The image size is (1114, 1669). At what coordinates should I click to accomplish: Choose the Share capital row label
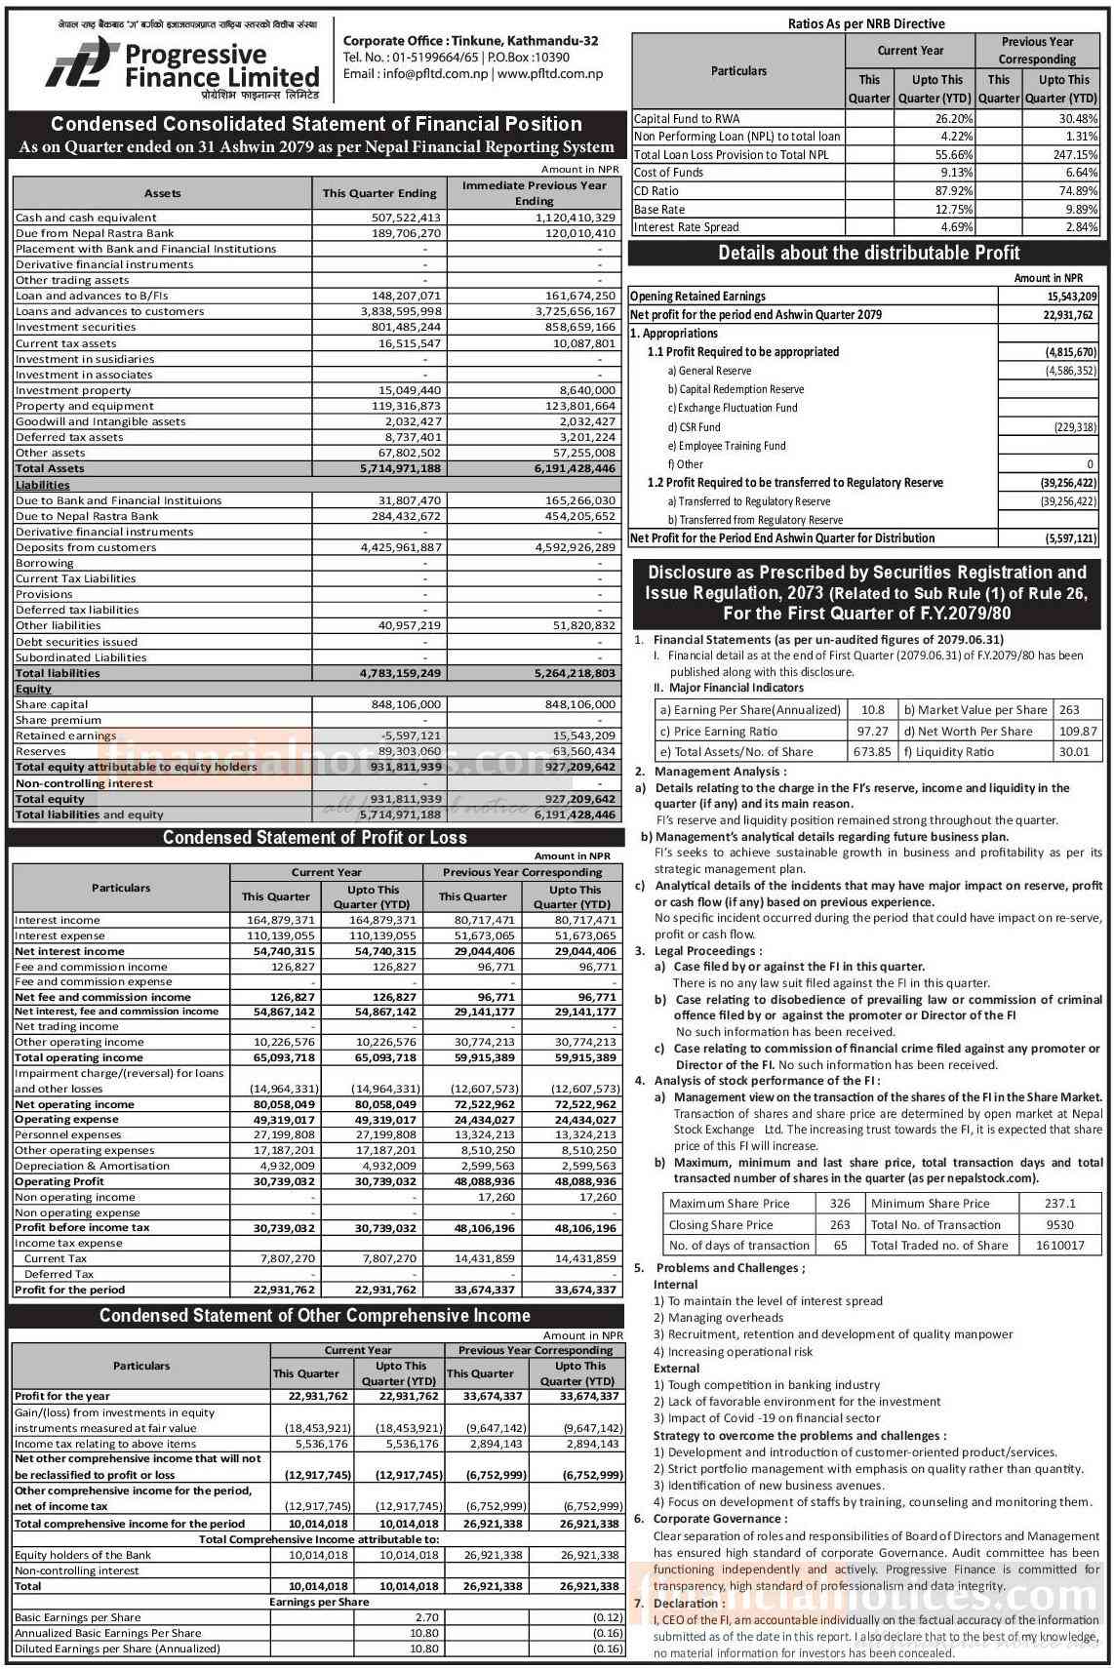(52, 704)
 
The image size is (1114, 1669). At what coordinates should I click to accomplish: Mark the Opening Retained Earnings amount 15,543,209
(1072, 297)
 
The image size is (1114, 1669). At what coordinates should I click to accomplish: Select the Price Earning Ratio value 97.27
(872, 732)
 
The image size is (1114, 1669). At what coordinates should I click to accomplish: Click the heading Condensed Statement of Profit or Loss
(315, 838)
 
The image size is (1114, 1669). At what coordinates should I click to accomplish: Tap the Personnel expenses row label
(55, 1134)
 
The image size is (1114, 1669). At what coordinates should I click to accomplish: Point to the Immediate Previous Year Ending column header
(534, 192)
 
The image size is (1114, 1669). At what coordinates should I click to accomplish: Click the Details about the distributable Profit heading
(869, 254)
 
